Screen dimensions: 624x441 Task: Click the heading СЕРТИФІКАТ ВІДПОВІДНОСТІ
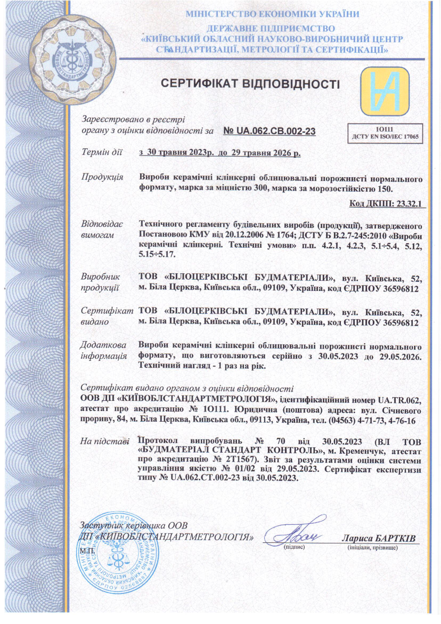(250, 84)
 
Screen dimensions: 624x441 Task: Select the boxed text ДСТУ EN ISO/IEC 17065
(385, 137)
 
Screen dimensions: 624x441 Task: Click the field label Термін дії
(102, 152)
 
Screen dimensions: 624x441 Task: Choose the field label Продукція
(102, 177)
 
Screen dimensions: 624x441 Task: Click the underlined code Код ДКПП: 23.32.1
(387, 204)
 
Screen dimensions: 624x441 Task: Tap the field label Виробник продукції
(100, 282)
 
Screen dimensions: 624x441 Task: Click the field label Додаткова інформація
(103, 350)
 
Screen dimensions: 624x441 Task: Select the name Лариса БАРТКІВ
(378, 539)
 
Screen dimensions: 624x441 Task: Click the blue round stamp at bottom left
(119, 554)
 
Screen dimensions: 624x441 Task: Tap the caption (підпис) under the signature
(294, 547)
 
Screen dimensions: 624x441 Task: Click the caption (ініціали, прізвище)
(372, 548)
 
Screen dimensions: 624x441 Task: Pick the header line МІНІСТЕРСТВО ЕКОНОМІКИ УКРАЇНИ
(272, 14)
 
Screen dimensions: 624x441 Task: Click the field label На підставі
(104, 441)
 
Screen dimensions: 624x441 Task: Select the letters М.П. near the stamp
(87, 551)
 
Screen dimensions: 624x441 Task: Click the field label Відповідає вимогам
(102, 230)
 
